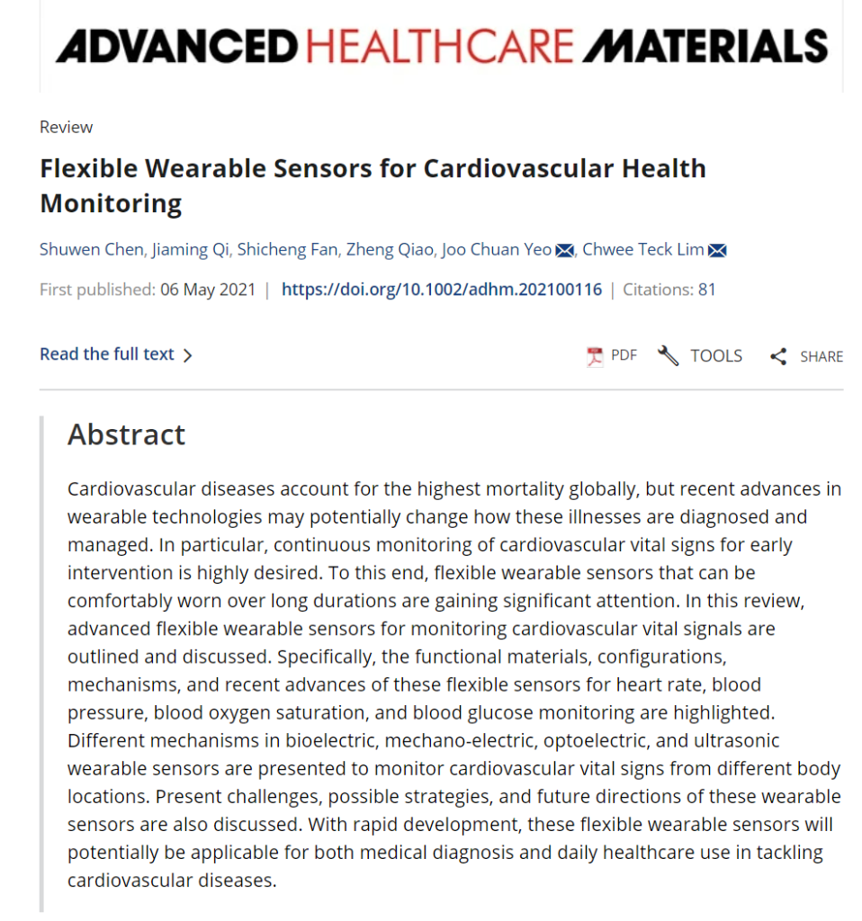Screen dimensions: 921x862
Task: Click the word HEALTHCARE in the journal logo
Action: point(438,45)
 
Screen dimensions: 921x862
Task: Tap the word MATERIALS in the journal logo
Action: point(705,45)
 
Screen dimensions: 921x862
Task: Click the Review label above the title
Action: point(66,127)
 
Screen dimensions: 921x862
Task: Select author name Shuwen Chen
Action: point(90,249)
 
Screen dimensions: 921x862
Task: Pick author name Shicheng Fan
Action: point(287,249)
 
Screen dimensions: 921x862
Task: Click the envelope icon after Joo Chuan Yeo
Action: point(564,250)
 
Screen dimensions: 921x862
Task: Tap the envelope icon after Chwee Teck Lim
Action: point(717,250)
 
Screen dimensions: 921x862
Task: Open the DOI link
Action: point(441,290)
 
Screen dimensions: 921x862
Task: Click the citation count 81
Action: point(706,290)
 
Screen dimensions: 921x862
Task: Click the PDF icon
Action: point(595,356)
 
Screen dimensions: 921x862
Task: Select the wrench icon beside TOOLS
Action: point(668,356)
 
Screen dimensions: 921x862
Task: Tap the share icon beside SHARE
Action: point(778,356)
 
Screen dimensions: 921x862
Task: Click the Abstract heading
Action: point(126,434)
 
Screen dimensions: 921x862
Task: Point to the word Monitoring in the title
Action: point(111,202)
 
